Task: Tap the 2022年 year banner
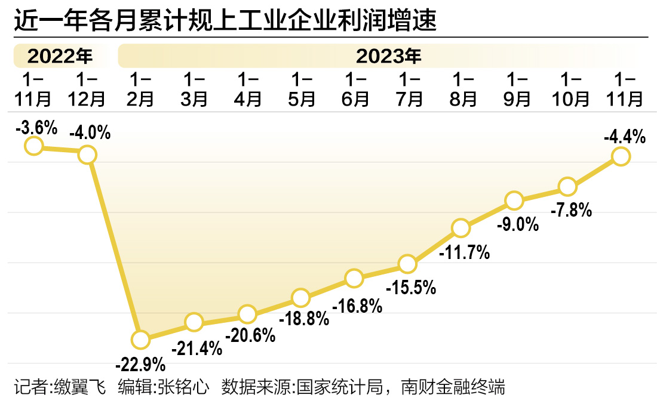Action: tap(60, 57)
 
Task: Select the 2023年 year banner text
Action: tap(389, 57)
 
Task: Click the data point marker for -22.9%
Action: tap(140, 340)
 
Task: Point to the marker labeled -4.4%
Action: tap(621, 156)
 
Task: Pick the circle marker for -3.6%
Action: tap(33, 146)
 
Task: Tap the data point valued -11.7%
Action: tap(460, 227)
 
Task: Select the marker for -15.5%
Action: tap(407, 263)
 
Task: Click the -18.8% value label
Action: tap(305, 319)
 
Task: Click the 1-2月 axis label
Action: tap(140, 90)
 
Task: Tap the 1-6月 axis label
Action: tap(355, 90)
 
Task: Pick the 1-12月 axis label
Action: tap(87, 90)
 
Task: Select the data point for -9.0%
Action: tap(514, 200)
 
